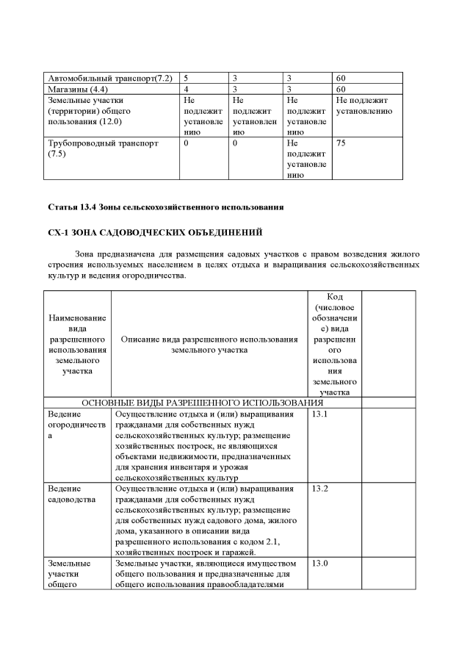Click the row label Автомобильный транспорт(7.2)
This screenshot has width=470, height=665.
pos(109,78)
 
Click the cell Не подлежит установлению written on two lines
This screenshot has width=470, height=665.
pos(364,105)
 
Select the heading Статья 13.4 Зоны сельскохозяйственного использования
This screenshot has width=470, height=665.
pos(165,207)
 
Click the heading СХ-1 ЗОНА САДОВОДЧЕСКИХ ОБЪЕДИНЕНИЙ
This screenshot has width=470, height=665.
pos(155,234)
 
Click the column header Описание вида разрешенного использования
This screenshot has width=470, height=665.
pos(209,345)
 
